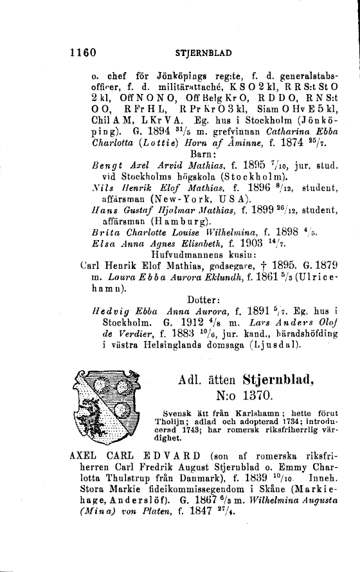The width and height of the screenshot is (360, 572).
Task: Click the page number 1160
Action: tap(83, 51)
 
